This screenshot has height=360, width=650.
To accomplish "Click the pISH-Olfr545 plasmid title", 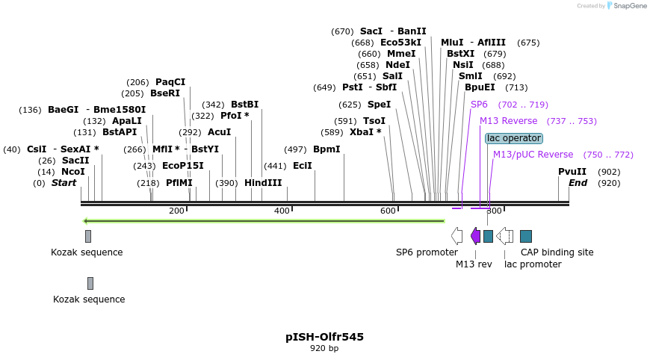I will click(x=324, y=337).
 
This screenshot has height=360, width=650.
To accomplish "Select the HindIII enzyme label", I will click(x=263, y=183).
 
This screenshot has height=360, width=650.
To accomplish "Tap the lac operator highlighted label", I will click(x=513, y=138).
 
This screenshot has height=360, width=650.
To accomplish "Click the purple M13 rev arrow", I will click(x=475, y=236).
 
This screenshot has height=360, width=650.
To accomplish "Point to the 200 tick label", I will click(x=176, y=211).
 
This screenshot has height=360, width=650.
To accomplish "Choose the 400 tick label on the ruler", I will click(x=282, y=211).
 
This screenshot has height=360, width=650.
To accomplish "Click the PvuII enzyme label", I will click(x=572, y=172).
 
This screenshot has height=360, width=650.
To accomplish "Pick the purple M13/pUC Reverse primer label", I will click(x=533, y=155).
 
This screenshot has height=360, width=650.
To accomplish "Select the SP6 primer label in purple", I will click(x=479, y=105).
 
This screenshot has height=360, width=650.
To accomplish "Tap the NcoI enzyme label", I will click(x=73, y=172).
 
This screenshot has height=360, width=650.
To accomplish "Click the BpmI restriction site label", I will click(x=326, y=149).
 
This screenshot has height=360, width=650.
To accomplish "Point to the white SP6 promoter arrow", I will click(x=456, y=236).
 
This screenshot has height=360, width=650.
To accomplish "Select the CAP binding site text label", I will click(x=557, y=252).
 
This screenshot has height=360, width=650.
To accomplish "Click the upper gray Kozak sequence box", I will click(x=88, y=236).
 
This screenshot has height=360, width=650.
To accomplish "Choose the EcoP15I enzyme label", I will click(x=182, y=166).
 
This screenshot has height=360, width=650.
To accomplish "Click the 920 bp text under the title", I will click(x=324, y=348).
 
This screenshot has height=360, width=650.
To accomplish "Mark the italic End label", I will click(x=578, y=183).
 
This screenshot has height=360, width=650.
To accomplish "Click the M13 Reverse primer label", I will click(x=508, y=121).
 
